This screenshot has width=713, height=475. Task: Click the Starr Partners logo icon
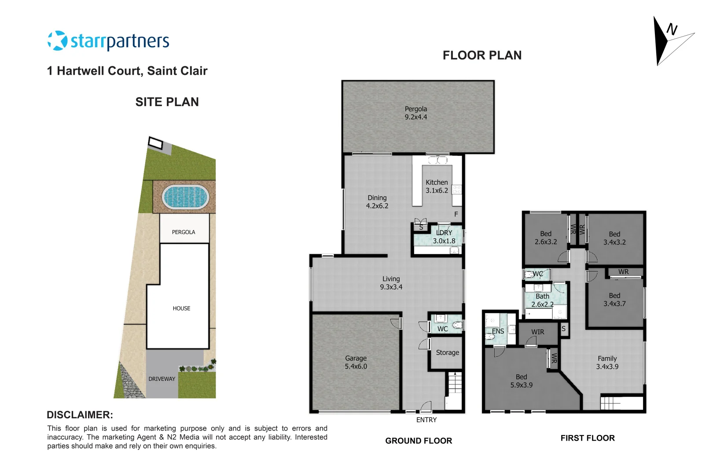pyautogui.click(x=57, y=41)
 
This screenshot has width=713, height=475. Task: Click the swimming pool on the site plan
pyautogui.click(x=185, y=197)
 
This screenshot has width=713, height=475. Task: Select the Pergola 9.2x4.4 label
pyautogui.click(x=415, y=113)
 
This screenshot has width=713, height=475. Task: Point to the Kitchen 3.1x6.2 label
pyautogui.click(x=437, y=186)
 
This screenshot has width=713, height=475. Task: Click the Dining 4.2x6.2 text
pyautogui.click(x=377, y=202)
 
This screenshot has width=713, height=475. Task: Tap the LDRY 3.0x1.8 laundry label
pyautogui.click(x=444, y=237)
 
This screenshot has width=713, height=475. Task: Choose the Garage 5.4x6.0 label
pyautogui.click(x=356, y=362)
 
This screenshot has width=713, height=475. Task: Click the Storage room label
pyautogui.click(x=447, y=353)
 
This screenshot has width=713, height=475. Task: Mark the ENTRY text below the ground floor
pyautogui.click(x=426, y=420)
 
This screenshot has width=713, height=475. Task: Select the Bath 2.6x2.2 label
pyautogui.click(x=542, y=300)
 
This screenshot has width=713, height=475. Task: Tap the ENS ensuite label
pyautogui.click(x=498, y=332)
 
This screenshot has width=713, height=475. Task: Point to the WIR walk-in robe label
pyautogui.click(x=537, y=332)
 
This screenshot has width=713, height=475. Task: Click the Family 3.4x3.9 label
pyautogui.click(x=607, y=363)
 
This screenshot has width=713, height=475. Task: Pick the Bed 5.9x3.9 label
pyautogui.click(x=521, y=381)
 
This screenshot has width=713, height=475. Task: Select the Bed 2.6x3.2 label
pyautogui.click(x=546, y=238)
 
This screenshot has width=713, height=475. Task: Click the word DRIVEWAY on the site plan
pyautogui.click(x=162, y=379)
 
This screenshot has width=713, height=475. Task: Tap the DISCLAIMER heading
pyautogui.click(x=80, y=415)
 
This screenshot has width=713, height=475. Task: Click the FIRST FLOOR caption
pyautogui.click(x=587, y=438)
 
